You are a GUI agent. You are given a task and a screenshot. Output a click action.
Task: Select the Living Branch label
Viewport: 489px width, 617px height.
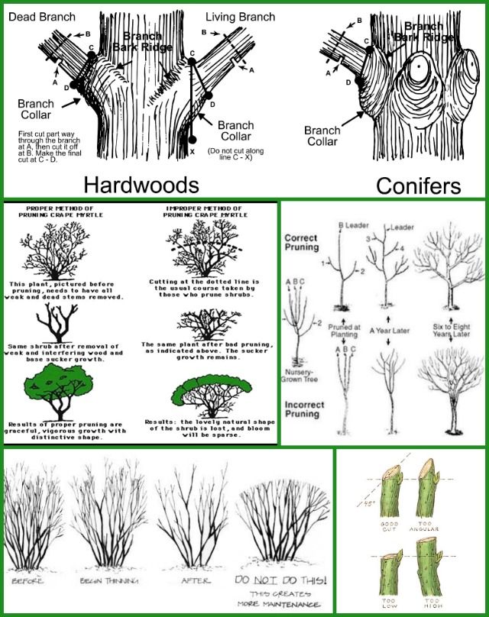[x=232, y=16]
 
